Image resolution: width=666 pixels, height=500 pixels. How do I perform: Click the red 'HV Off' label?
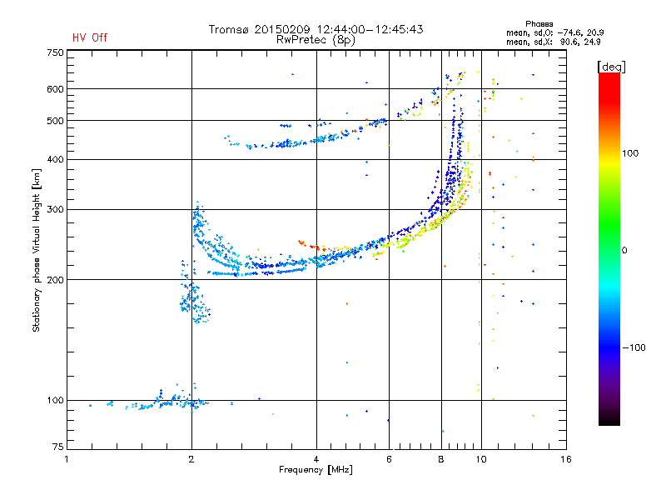[x=90, y=37]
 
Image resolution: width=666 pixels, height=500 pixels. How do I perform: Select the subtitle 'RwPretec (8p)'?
[x=316, y=40]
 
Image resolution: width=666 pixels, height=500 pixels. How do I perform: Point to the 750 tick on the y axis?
[x=56, y=52]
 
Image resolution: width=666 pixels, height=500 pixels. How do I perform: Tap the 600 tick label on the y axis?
[x=56, y=89]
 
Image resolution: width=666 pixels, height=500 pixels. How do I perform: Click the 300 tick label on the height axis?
[x=56, y=209]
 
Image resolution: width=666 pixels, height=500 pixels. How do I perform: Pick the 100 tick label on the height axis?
[x=56, y=400]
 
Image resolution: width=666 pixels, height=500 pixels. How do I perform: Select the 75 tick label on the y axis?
[x=58, y=447]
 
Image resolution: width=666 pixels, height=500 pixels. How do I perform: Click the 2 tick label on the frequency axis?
[x=191, y=459]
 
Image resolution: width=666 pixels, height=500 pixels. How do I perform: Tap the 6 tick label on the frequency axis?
[x=389, y=459]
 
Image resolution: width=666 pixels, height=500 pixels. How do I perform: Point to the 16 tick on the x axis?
[x=566, y=459]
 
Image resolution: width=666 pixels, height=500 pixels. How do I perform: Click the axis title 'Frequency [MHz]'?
[x=316, y=470]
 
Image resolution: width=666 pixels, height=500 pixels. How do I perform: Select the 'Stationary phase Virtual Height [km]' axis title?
[x=37, y=251]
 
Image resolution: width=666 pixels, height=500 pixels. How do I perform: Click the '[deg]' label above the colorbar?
[x=612, y=67]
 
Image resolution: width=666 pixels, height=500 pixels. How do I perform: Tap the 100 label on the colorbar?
[x=630, y=153]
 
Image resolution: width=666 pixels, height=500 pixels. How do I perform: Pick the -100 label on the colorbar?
[x=634, y=347]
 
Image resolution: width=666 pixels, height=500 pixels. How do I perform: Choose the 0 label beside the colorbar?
[x=624, y=250]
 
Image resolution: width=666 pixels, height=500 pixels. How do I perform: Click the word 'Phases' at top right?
[x=539, y=24]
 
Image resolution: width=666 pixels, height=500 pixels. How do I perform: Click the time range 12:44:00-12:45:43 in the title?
[x=370, y=29]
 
